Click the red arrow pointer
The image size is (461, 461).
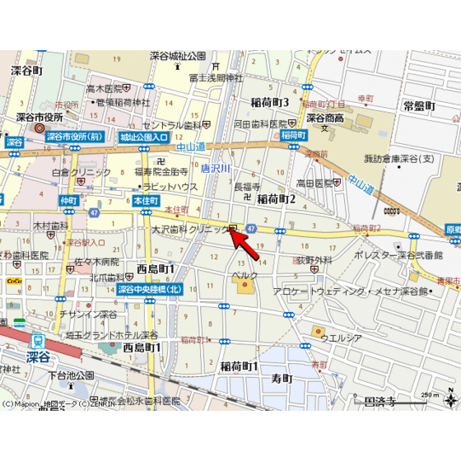click(248, 246)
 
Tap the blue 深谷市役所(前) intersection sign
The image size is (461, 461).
click(74, 137)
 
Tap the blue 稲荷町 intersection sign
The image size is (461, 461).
click(293, 134)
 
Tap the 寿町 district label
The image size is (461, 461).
click(282, 378)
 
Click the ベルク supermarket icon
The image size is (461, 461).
click(244, 286)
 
